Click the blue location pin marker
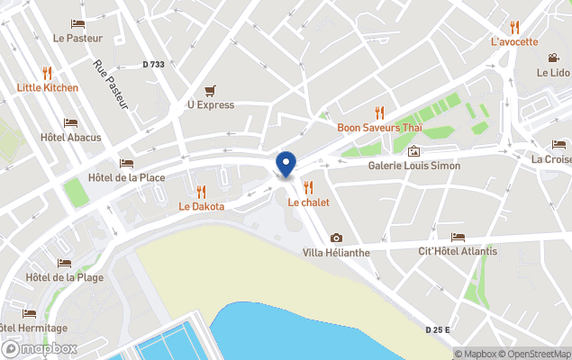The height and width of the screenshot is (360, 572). (x=286, y=165)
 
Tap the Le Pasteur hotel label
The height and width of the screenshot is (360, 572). (x=77, y=38)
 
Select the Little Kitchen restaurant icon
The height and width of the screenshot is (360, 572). (x=47, y=72)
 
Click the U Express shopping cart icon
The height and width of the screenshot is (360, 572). (x=210, y=90)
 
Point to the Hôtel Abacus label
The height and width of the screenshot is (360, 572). (x=71, y=138)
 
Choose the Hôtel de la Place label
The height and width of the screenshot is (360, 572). (x=127, y=177)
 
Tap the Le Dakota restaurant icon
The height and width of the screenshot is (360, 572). (x=201, y=191)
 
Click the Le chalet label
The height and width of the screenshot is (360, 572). (x=308, y=202)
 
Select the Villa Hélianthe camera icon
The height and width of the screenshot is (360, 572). (x=336, y=238)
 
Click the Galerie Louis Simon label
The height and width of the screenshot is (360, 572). (x=413, y=166)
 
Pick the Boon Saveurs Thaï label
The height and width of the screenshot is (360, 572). (x=379, y=128)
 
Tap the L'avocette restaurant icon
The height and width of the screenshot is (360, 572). (x=514, y=27)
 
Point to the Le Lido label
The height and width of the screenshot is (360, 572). (x=553, y=72)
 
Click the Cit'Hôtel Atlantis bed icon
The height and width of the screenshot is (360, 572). (x=459, y=237)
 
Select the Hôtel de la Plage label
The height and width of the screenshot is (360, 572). (x=65, y=277)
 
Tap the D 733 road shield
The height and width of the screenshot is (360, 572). (x=154, y=64)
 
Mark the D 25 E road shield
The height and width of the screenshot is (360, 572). (x=438, y=330)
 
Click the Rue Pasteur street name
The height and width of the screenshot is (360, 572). (x=111, y=85)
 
